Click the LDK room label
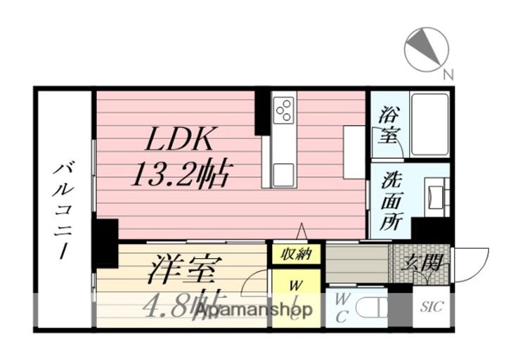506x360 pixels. (179, 140)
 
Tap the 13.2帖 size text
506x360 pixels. (181, 174)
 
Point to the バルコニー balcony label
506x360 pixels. (63, 211)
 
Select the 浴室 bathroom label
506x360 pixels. (387, 124)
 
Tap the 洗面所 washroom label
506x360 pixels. (391, 200)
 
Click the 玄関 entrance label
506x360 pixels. (424, 264)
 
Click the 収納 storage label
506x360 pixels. (297, 255)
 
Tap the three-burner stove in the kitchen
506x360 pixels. (285, 108)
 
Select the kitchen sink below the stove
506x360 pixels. (284, 172)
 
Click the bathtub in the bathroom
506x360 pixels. (429, 124)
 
